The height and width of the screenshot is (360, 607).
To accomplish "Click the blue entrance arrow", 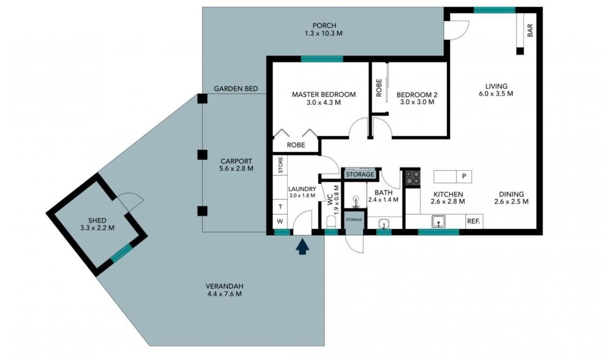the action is click(303, 247).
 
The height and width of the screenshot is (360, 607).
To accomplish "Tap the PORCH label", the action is click(324, 25).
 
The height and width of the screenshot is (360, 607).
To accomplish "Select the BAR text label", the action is click(530, 30).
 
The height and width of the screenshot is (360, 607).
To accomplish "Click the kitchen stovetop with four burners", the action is click(412, 178).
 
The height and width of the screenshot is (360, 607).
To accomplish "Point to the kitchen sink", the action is click(438, 221).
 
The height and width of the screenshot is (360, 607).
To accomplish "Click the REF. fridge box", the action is click(474, 221).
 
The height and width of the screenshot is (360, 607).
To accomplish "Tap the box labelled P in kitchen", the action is click(464, 176).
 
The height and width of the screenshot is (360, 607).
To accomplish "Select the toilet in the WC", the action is click(331, 222).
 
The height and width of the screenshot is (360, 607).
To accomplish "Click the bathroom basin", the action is click(383, 224).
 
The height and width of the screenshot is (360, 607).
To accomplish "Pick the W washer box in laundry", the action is click(280, 221).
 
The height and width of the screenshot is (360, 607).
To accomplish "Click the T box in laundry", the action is click(280, 206).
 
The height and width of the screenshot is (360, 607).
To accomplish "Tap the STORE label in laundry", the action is click(280, 165).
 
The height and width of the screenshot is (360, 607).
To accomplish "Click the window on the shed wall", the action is click(121, 253).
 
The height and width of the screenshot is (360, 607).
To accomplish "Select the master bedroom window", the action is click(322, 59).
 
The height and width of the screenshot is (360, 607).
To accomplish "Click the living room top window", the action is click(495, 10).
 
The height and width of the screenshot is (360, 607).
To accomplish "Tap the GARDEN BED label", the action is click(236, 88).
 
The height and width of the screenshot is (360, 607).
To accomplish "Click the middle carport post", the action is click(203, 155).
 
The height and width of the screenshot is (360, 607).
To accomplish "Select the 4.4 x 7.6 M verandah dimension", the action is click(225, 294).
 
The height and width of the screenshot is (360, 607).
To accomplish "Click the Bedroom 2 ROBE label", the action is click(379, 88).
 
